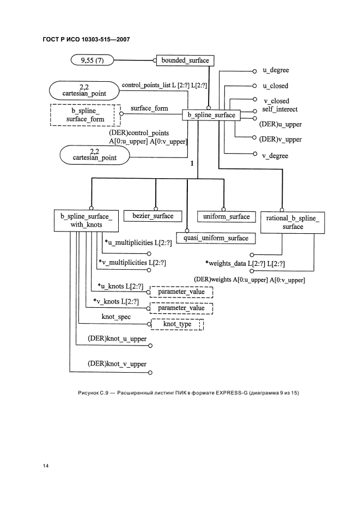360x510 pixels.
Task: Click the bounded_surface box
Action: pyautogui.click(x=185, y=60)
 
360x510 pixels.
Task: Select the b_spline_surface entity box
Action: pyautogui.click(x=211, y=116)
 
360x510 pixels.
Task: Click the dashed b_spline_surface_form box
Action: pyautogui.click(x=86, y=115)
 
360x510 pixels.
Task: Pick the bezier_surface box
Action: pyautogui.click(x=152, y=216)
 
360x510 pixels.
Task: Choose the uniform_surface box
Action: pyautogui.click(x=226, y=216)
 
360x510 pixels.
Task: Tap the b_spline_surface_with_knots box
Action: pyautogui.click(x=86, y=220)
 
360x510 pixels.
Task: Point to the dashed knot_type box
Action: pyautogui.click(x=177, y=325)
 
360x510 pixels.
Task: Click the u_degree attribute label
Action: pyautogui.click(x=276, y=71)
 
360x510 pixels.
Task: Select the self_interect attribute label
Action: pyautogui.click(x=279, y=109)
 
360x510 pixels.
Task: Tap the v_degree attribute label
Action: pyautogui.click(x=275, y=156)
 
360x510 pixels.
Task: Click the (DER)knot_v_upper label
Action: pyautogui.click(x=117, y=363)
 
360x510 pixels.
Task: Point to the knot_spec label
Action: pyautogui.click(x=116, y=317)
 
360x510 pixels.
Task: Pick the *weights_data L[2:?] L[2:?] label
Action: pyautogui.click(x=245, y=264)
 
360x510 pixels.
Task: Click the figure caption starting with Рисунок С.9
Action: pyautogui.click(x=180, y=393)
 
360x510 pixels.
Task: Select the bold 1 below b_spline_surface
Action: pyautogui.click(x=192, y=163)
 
